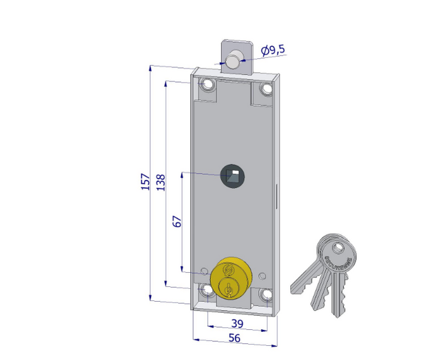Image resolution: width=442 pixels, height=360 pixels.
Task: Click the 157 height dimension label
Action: coord(145,181)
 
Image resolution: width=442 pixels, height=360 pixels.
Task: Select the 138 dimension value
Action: coord(161,181)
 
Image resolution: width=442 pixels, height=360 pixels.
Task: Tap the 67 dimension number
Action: coord(177,222)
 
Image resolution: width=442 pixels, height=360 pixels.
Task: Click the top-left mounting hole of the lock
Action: coord(208,86)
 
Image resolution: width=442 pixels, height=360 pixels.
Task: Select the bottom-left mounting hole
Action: coord(208,291)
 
